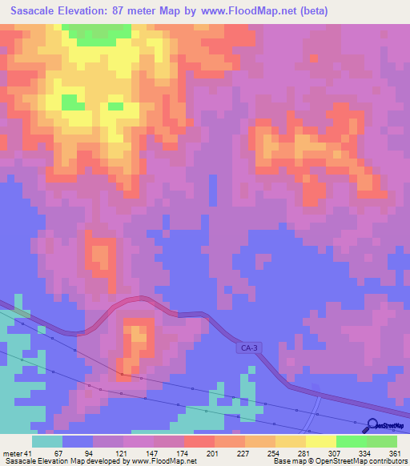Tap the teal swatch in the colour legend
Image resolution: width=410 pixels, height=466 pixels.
click(x=47, y=441)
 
